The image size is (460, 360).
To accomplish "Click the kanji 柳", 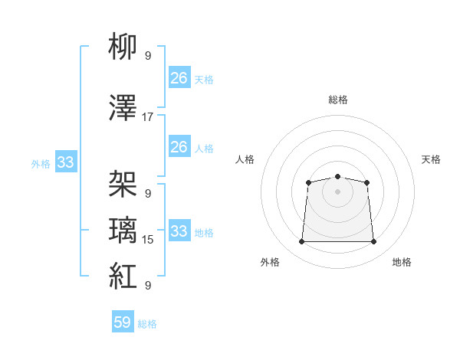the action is (x=123, y=46).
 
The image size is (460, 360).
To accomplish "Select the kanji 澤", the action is (x=123, y=107).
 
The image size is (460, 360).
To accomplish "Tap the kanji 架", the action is (x=123, y=184).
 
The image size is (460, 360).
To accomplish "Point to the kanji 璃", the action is (x=123, y=230).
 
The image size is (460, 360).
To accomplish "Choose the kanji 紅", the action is (x=123, y=276).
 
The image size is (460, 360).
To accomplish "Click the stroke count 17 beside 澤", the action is (x=147, y=117).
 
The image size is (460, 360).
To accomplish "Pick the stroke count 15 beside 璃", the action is (x=147, y=240).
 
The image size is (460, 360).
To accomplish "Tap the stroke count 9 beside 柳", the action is (x=148, y=56).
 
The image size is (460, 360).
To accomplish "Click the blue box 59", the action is (x=123, y=321).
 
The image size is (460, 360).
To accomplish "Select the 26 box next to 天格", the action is (x=179, y=77).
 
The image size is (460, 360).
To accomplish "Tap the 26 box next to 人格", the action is (x=179, y=146).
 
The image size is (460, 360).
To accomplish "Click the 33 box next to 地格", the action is (x=179, y=230).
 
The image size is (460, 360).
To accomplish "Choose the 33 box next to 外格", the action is (x=66, y=162).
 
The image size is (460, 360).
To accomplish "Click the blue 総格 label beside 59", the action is (x=147, y=324).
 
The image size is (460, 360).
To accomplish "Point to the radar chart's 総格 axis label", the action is (x=338, y=100).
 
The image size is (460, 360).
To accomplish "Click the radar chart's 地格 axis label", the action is (x=402, y=262).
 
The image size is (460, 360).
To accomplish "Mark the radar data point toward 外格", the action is (x=301, y=241).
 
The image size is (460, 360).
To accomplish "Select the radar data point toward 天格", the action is (x=366, y=182).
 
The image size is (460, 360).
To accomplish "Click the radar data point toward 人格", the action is (x=308, y=182).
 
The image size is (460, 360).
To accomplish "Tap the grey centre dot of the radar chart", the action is (x=337, y=191).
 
